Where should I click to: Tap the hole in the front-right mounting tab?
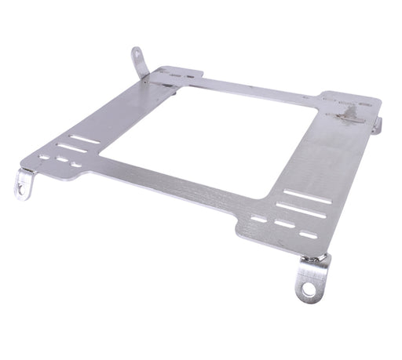308,289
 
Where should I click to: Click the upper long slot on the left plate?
85,139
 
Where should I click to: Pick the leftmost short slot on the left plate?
44,157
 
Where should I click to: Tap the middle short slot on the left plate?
60,161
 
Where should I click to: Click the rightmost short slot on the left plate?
76,165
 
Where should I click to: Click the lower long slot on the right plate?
300,210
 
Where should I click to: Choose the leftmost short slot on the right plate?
258,218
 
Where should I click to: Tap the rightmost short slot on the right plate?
309,233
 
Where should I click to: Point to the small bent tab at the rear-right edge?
378,125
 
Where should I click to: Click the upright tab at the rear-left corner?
140,63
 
